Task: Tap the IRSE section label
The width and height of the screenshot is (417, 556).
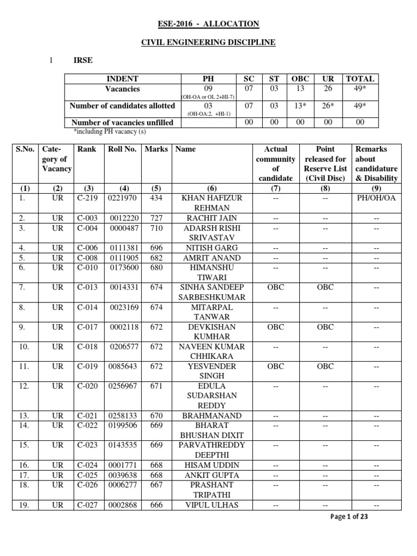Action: (83, 60)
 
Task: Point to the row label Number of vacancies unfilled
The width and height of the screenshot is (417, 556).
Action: (122, 123)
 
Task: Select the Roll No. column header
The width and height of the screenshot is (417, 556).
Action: (122, 149)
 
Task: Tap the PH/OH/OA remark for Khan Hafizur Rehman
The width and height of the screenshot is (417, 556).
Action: (376, 198)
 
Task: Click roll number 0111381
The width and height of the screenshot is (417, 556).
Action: (122, 248)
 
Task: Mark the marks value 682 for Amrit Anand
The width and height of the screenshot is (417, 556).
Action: (156, 258)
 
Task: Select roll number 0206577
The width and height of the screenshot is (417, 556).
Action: (122, 346)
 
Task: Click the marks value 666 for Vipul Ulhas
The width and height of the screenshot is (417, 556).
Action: (156, 505)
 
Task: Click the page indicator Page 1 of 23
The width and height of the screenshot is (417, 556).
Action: (349, 517)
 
